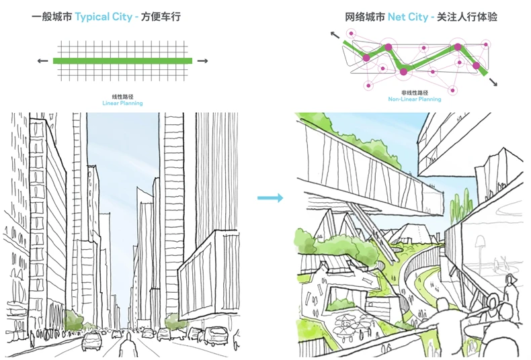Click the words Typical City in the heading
click(x=104, y=17)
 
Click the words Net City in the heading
click(x=408, y=17)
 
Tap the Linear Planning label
click(x=122, y=103)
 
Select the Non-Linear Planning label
click(x=415, y=99)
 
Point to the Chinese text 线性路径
click(x=122, y=97)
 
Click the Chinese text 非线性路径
click(x=415, y=93)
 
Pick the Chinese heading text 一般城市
click(x=52, y=17)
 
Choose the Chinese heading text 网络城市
click(x=365, y=17)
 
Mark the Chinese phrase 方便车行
click(x=161, y=17)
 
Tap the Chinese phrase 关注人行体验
click(x=467, y=17)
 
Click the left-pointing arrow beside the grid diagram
click(x=42, y=61)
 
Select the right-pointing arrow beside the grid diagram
click(x=202, y=61)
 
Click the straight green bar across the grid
click(x=122, y=61)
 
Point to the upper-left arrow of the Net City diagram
click(x=335, y=34)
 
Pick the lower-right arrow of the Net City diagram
click(x=493, y=81)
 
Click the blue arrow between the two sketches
click(x=270, y=198)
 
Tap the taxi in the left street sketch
click(x=91, y=341)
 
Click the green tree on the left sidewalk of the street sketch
click(x=72, y=320)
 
